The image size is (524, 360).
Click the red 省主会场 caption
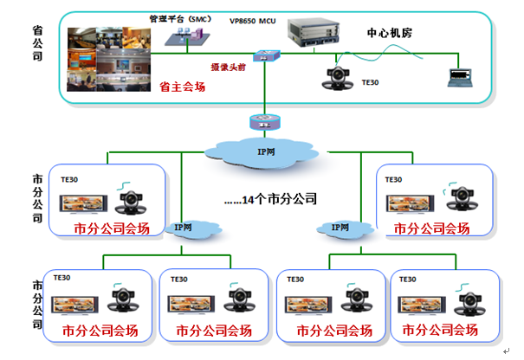182,86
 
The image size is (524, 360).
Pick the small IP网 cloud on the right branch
339,228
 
